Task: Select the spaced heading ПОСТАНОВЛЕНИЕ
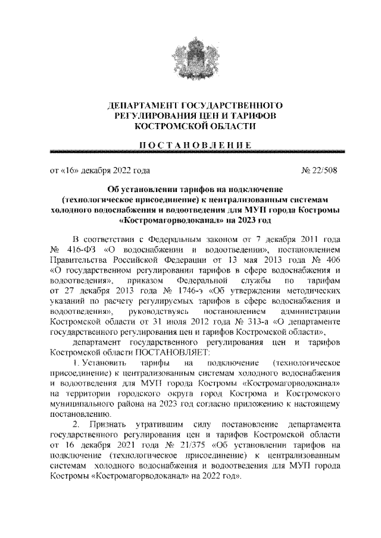(x=190, y=144)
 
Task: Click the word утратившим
(x=163, y=425)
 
